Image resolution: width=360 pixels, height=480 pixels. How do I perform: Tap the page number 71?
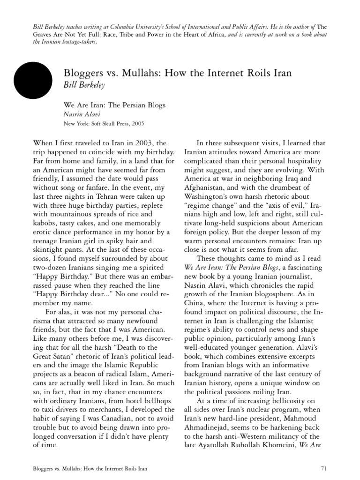(x=323, y=469)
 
